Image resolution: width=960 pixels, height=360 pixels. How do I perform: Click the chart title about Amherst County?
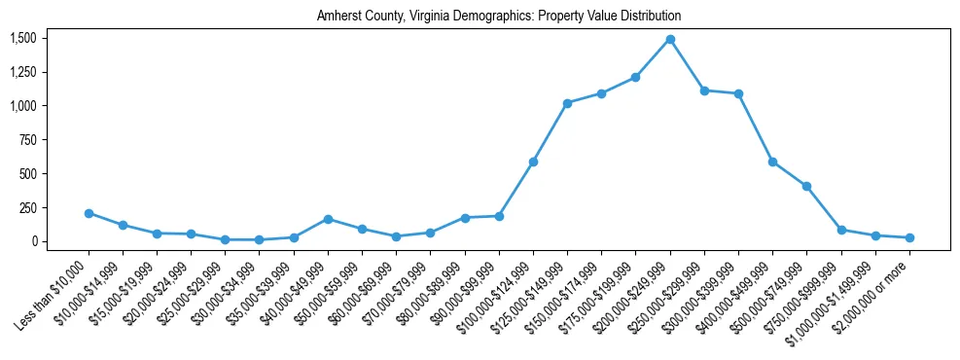coord(498,17)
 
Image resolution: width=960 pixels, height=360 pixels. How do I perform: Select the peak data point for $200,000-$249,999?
coord(670,40)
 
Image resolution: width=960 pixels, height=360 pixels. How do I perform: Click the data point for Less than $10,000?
coord(89,213)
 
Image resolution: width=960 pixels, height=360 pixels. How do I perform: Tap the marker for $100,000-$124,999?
coord(533,162)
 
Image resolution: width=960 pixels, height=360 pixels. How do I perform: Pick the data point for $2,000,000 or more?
coord(909,237)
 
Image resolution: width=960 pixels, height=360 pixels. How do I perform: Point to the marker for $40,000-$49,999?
coord(328,219)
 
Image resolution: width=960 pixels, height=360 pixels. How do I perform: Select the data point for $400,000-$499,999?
coord(772,162)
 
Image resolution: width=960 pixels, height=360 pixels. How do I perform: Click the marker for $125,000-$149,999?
coord(567,103)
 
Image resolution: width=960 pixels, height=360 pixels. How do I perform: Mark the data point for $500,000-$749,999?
coord(806,186)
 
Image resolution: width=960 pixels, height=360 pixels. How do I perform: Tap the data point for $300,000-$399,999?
coord(738,93)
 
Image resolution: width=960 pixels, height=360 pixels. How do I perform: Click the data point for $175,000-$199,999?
coord(635,77)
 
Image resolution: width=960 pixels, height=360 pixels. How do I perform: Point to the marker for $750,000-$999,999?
coord(841,230)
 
